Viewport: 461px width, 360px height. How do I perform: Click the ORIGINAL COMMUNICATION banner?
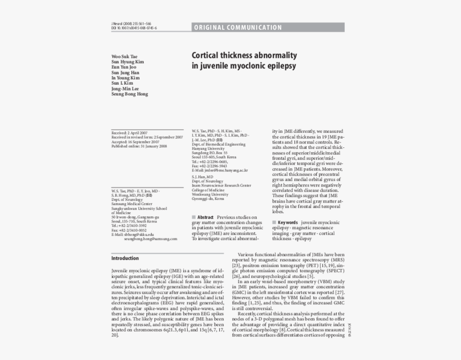(238, 27)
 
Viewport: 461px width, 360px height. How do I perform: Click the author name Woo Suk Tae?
(124, 56)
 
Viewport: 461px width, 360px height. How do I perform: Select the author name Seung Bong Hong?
(130, 94)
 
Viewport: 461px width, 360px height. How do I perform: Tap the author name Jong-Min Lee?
(125, 88)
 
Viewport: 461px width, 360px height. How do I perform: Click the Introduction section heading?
(125, 258)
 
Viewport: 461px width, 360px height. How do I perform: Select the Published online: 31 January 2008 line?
(139, 146)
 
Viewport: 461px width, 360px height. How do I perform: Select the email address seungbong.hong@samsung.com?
(151, 239)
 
